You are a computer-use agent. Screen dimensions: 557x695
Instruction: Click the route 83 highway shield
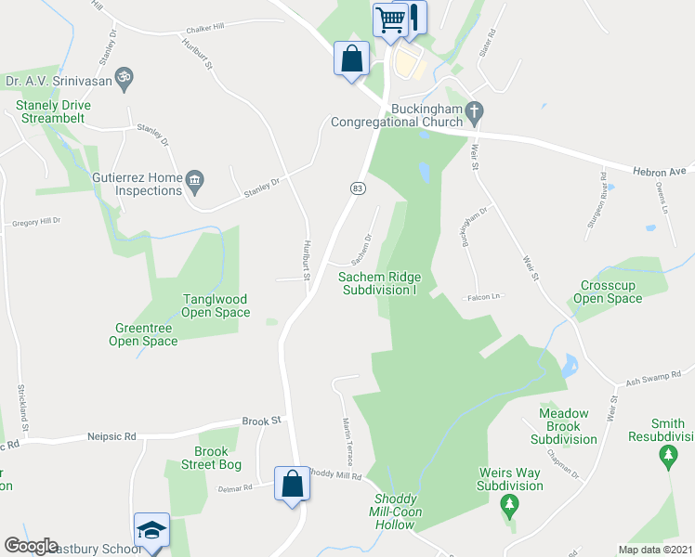coord(357,188)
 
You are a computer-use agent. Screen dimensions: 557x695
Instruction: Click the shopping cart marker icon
coord(390,19)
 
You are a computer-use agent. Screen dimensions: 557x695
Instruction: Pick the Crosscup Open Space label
coord(610,291)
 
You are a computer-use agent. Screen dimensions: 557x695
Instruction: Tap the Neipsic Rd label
coord(111,435)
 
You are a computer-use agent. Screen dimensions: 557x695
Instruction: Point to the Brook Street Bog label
coord(211,459)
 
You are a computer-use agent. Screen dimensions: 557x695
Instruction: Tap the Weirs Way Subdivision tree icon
coord(509,505)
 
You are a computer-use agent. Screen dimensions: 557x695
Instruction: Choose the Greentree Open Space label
coord(146,334)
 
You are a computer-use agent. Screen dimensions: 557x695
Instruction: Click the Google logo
coord(31,546)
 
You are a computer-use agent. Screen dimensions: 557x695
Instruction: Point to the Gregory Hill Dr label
coord(35,222)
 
